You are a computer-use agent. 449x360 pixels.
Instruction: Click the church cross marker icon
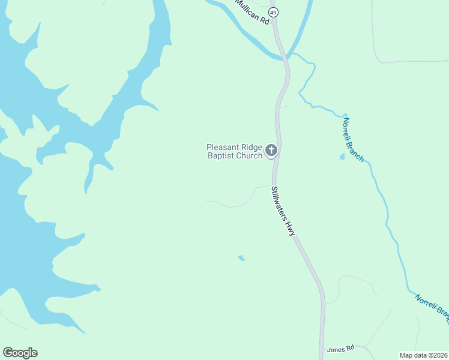click(271, 150)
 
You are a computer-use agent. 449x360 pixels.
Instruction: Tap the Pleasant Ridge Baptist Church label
click(235, 151)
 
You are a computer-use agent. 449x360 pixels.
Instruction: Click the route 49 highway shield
click(274, 12)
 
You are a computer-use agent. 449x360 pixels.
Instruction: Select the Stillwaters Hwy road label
click(284, 211)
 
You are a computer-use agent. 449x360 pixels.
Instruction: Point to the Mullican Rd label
click(252, 11)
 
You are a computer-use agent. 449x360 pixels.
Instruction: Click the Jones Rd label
click(341, 349)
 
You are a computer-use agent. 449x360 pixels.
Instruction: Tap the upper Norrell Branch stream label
click(353, 139)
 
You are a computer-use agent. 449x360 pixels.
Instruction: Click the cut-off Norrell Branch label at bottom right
click(432, 304)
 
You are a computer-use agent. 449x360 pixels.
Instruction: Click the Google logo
click(20, 353)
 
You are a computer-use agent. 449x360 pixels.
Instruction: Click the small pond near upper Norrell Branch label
click(342, 157)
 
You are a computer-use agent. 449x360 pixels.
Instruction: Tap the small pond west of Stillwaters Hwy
click(241, 258)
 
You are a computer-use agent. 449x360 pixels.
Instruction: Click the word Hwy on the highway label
click(291, 227)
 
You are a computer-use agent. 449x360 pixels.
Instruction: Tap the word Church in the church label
click(249, 156)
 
